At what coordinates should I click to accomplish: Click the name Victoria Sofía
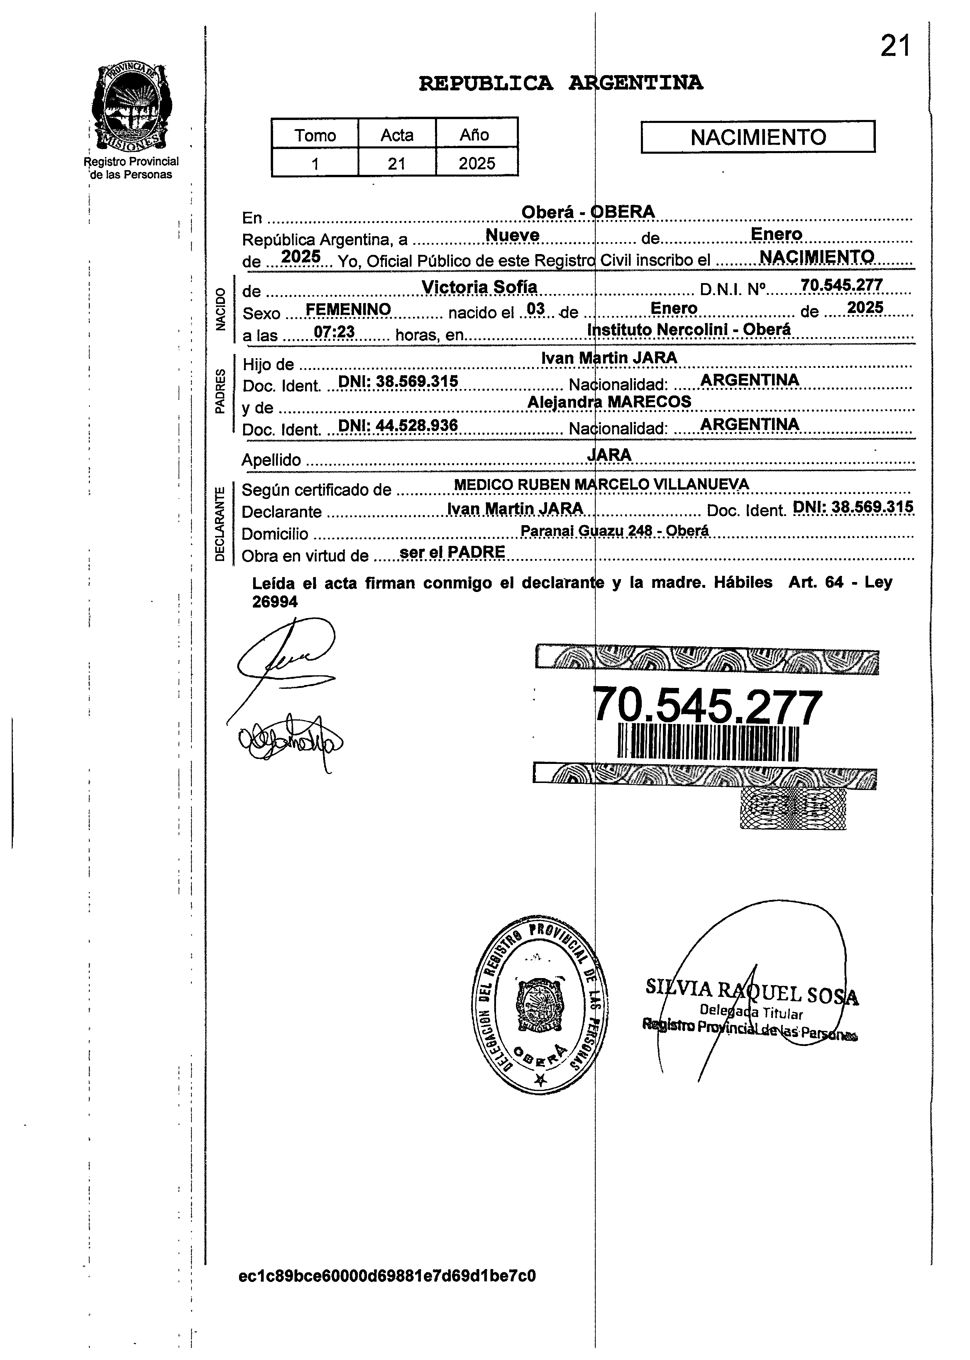pos(479,287)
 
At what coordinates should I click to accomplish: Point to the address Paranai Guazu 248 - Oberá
pos(614,530)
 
